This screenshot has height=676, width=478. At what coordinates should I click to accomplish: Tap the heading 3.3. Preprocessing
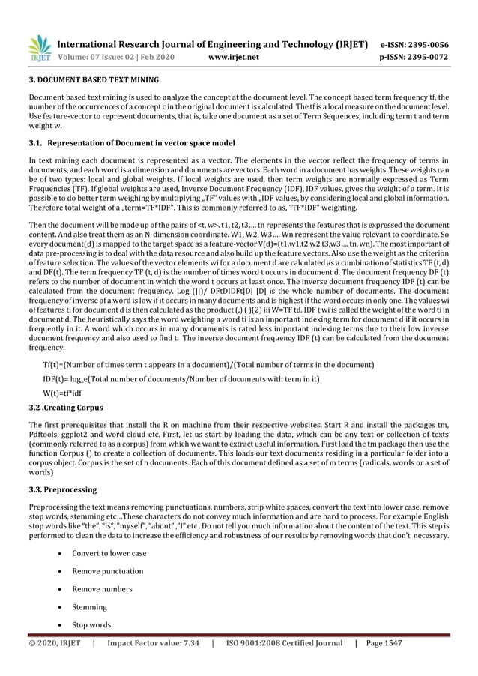point(62,489)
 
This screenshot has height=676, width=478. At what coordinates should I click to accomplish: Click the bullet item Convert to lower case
point(109,553)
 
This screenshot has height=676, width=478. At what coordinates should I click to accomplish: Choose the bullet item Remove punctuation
point(107,571)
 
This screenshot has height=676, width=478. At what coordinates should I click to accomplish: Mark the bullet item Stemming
point(89,607)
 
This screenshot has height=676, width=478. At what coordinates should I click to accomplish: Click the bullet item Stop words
point(91,624)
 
